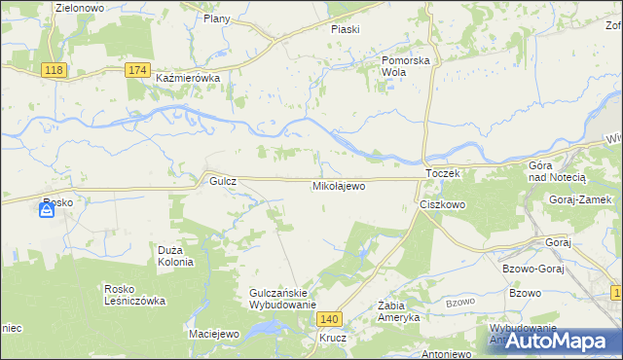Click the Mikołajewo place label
(x=339, y=185)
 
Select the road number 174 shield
(x=138, y=70)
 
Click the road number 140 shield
(x=331, y=318)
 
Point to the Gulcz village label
(x=216, y=181)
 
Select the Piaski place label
(x=345, y=29)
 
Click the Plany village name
(x=216, y=18)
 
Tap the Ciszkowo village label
(x=443, y=205)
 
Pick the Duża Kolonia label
(x=176, y=256)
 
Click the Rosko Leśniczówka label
(x=134, y=295)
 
